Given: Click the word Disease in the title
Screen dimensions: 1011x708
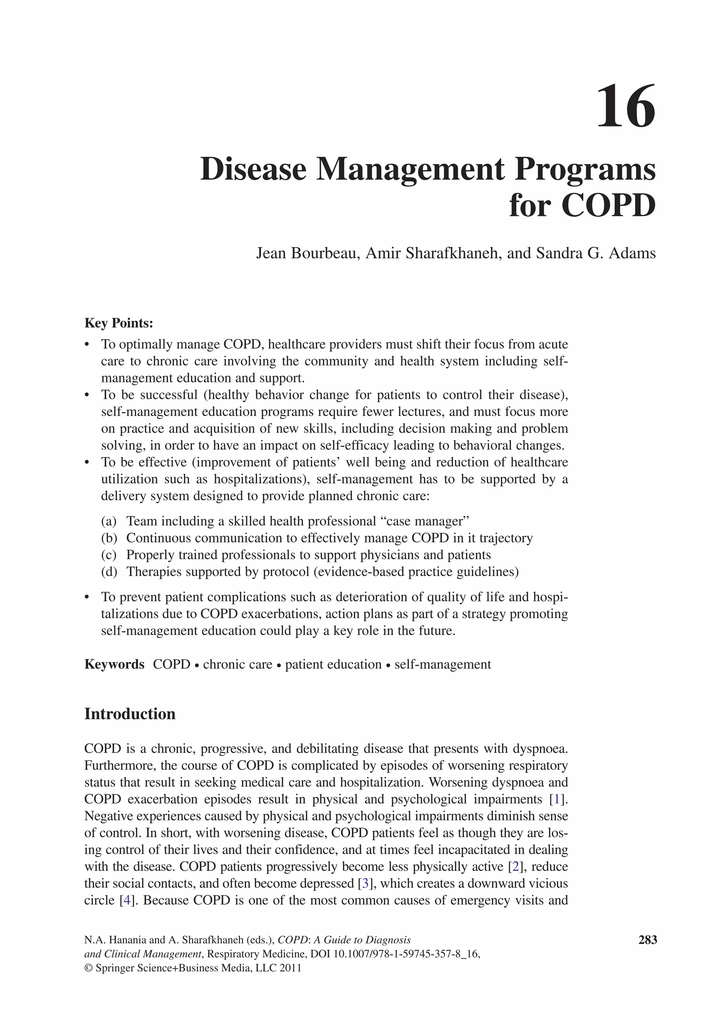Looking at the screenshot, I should pos(253,170).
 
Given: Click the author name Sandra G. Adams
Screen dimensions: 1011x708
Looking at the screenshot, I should pos(596,253).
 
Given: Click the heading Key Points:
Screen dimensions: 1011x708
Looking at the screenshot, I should pos(119,323).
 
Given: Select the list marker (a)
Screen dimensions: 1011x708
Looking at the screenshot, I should pos(109,521).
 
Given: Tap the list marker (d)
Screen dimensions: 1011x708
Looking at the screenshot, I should pos(109,571).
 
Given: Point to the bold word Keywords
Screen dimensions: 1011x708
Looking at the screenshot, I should pos(114,664).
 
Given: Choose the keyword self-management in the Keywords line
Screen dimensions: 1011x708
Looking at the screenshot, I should pos(442,664).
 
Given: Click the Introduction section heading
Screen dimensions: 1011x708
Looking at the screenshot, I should pos(130,714).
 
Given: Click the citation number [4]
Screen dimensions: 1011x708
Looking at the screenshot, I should pos(127,900).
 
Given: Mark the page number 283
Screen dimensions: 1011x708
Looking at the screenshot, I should pos(647,940).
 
